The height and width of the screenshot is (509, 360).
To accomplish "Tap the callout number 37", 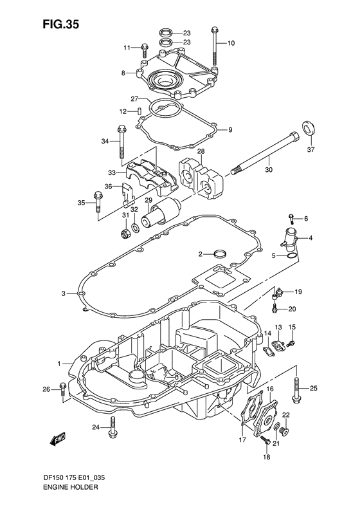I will (x=310, y=151).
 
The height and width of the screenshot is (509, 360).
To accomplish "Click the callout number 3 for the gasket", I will (x=64, y=294).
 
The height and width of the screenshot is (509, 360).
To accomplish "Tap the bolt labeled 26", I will (x=62, y=389).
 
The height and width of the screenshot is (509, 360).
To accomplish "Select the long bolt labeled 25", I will (x=296, y=390).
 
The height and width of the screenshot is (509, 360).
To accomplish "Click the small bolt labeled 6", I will (x=291, y=218).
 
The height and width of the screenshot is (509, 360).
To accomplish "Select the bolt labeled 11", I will (x=145, y=47).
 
